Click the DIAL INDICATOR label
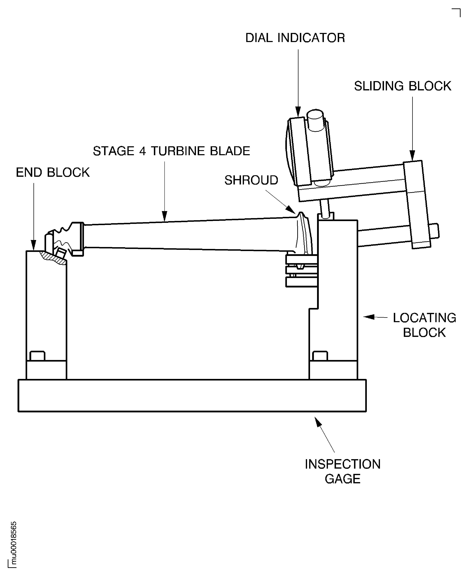pyautogui.click(x=295, y=38)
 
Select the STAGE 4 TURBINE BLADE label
pyautogui.click(x=171, y=151)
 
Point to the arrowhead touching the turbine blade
pyautogui.click(x=164, y=216)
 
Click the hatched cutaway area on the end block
pyautogui.click(x=53, y=258)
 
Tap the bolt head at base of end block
pyautogui.click(x=37, y=356)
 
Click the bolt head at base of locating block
pyautogui.click(x=320, y=356)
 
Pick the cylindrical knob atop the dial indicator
pyautogui.click(x=315, y=120)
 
